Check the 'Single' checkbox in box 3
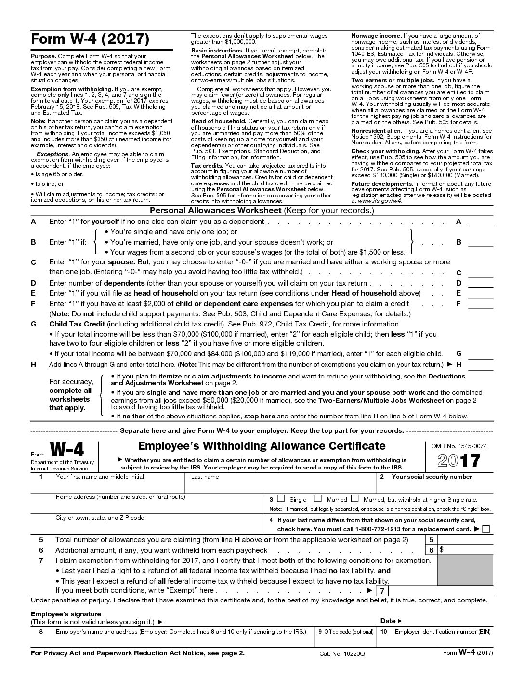pos(281,499)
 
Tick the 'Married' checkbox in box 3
pos(318,499)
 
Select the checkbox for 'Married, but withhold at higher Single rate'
pos(355,499)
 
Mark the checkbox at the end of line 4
pos(485,529)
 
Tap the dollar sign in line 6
pos(442,549)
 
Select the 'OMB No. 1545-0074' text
pos(458,446)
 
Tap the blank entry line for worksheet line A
pos(481,222)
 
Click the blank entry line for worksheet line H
pos(481,365)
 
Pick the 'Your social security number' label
pos(432,477)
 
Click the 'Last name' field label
pos(205,477)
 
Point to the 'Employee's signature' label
pos(66,614)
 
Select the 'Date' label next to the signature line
pos(390,621)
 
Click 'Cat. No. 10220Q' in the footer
pos(342,653)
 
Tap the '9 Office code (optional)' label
pos(345,631)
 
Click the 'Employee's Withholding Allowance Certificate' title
pos(262,445)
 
